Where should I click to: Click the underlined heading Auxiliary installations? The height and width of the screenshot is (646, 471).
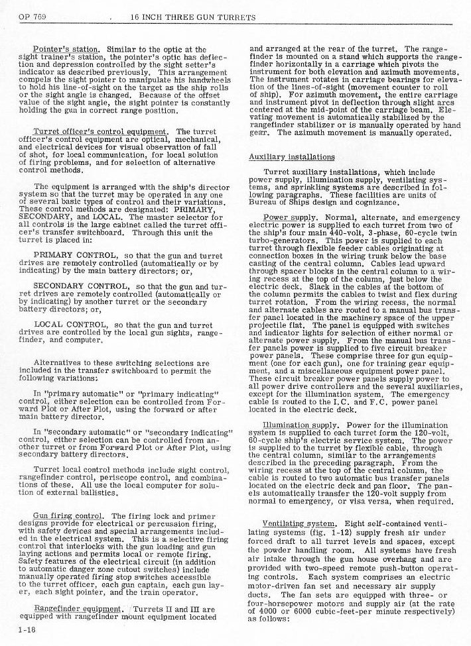[282, 157]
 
